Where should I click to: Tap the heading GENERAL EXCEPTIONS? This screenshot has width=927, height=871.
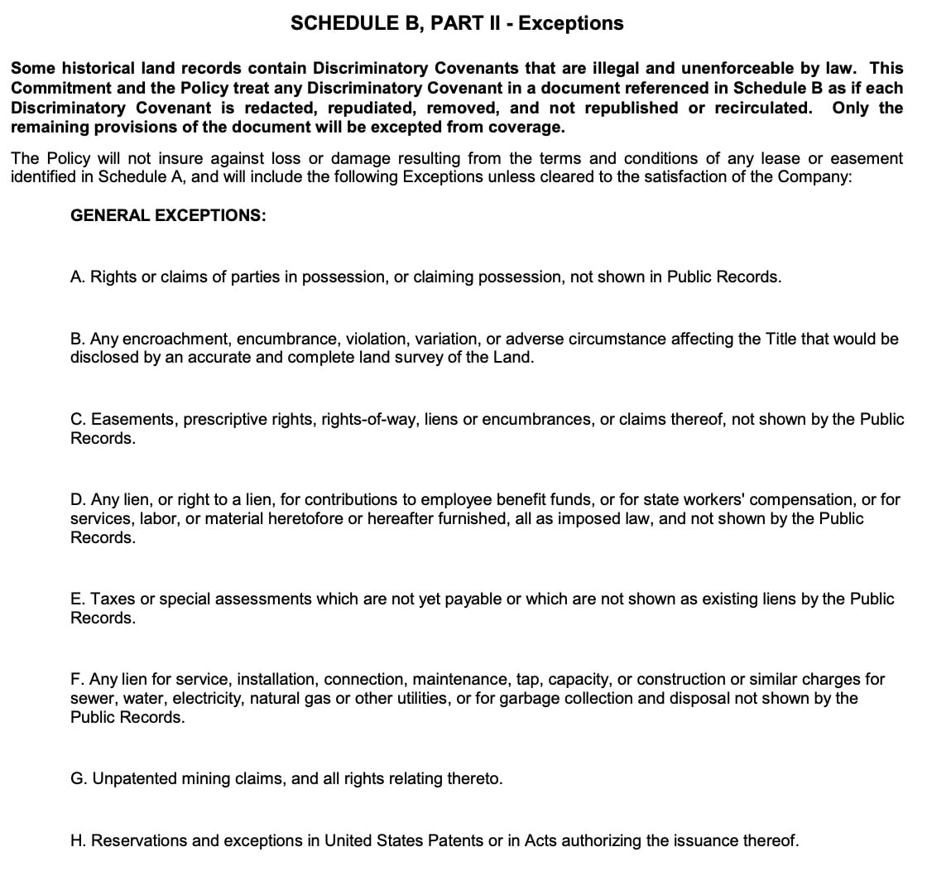168,215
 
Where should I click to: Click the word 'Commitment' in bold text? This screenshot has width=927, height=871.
55,88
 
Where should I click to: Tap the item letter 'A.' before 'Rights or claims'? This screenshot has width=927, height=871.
78,277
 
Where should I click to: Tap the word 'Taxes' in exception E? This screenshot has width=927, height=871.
111,599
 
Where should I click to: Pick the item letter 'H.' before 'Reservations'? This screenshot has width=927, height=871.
79,840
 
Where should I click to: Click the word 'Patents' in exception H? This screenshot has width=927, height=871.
454,840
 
